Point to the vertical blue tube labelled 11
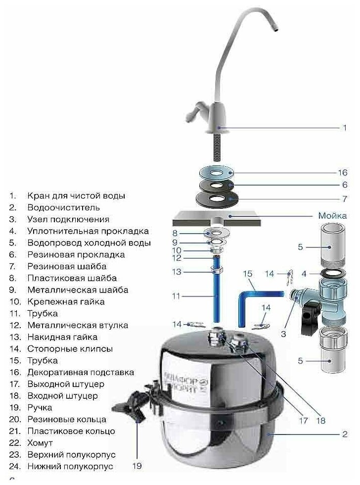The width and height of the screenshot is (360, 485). pos(216,297)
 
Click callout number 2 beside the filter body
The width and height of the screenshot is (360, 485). pos(345,435)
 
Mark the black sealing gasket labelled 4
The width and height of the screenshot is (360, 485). pos(331,274)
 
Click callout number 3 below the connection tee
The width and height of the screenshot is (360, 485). pos(283,334)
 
